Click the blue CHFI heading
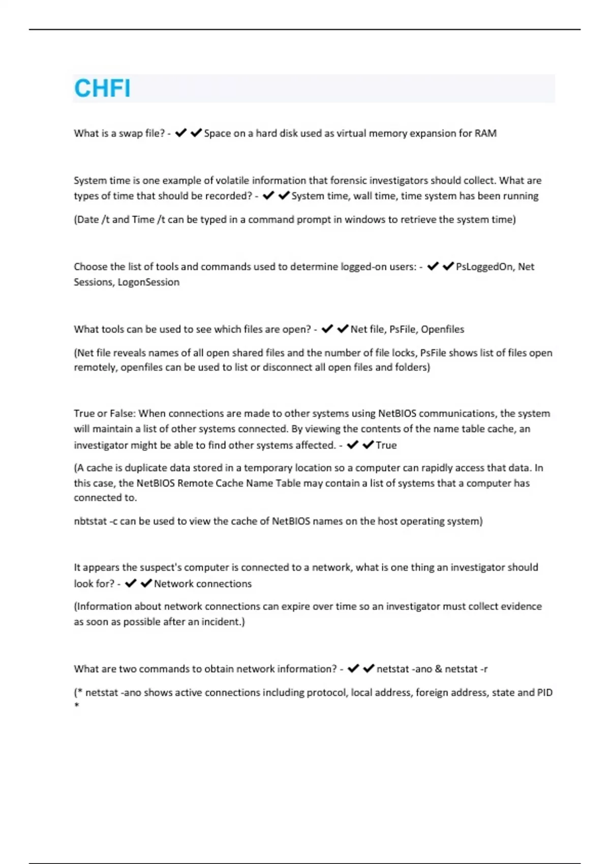(x=102, y=88)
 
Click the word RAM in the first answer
(x=485, y=133)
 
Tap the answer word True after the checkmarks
(x=386, y=445)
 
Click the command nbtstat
(x=90, y=521)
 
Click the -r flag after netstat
(x=483, y=669)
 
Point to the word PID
(x=544, y=692)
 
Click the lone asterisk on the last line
(x=77, y=705)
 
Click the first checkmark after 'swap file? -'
(x=180, y=133)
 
